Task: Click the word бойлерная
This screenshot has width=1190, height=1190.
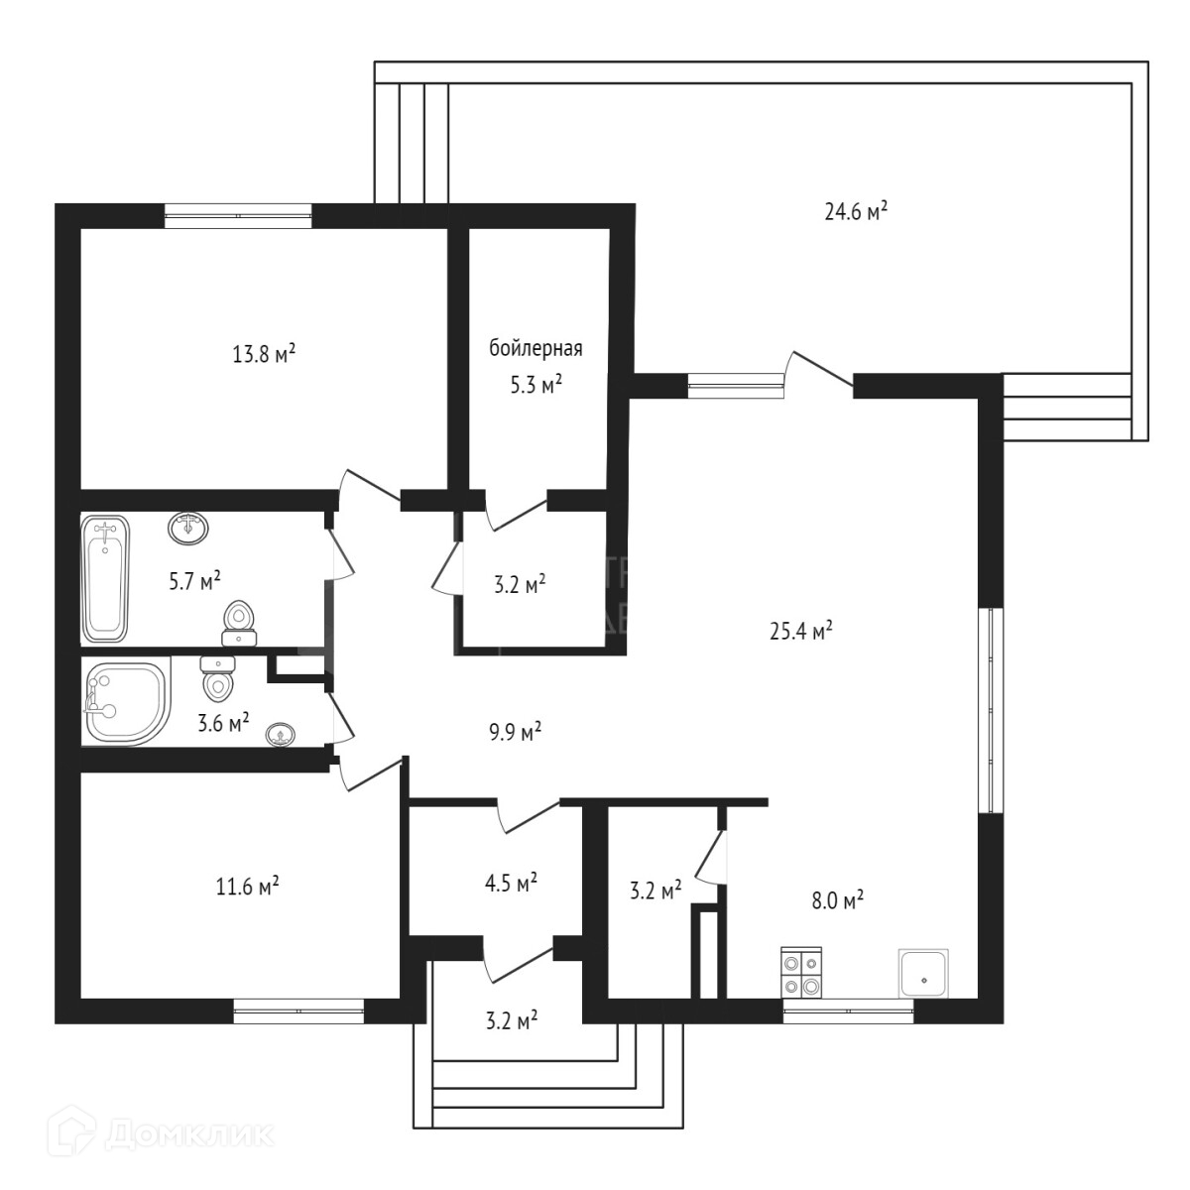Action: click(535, 349)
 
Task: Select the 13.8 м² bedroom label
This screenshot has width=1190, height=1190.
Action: click(265, 353)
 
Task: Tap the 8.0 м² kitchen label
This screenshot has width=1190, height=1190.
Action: click(838, 899)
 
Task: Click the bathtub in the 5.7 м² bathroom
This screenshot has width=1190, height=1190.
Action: click(106, 578)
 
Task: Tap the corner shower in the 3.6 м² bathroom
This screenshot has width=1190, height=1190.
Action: click(123, 703)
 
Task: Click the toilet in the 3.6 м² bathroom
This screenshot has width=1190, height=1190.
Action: click(217, 679)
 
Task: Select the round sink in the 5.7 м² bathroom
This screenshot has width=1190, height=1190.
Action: click(188, 528)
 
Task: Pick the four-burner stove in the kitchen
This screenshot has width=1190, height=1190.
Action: click(801, 973)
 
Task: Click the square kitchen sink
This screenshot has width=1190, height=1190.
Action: click(924, 973)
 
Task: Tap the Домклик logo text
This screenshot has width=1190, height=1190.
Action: click(188, 1132)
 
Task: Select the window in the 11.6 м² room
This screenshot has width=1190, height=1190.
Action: click(299, 1011)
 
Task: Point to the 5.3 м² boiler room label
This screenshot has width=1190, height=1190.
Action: click(535, 385)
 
